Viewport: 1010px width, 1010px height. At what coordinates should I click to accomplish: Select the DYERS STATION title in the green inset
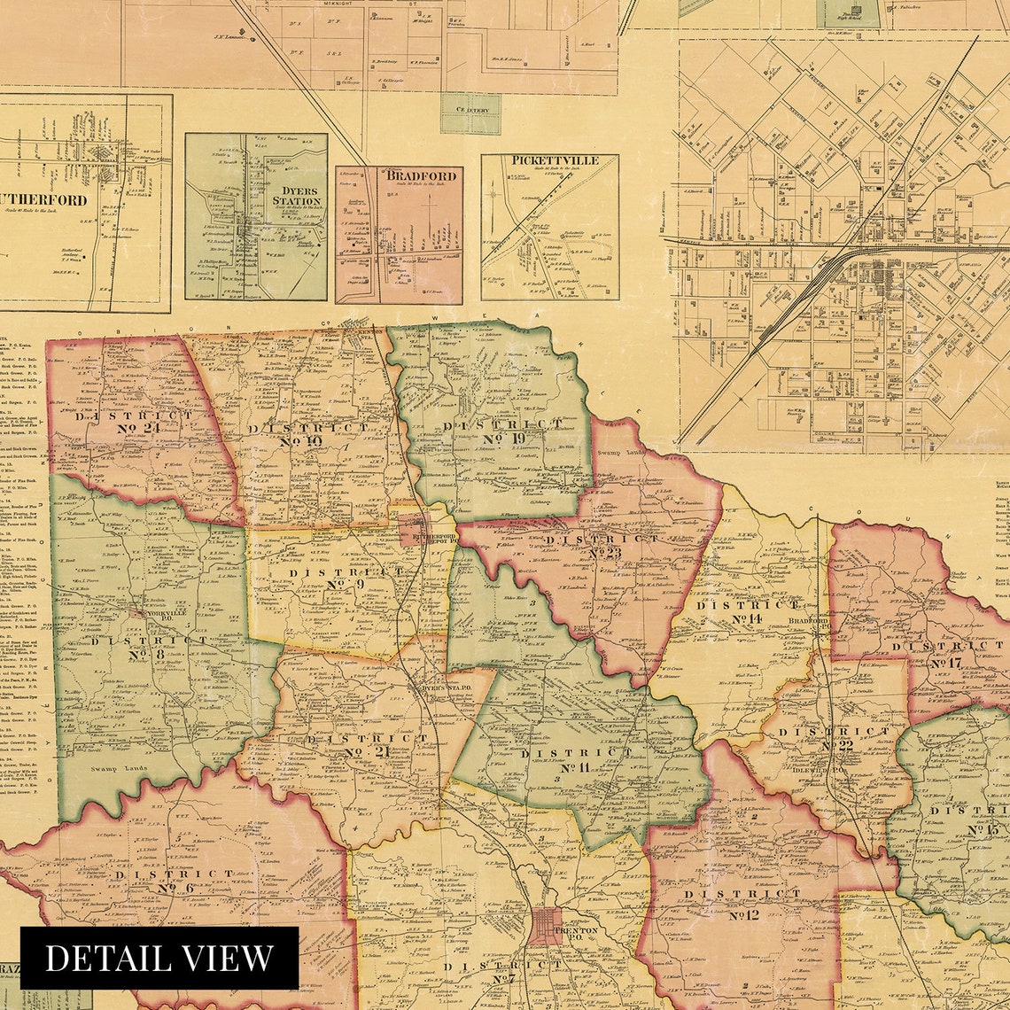(x=296, y=195)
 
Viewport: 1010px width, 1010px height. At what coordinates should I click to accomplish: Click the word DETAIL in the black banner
(x=99, y=958)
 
